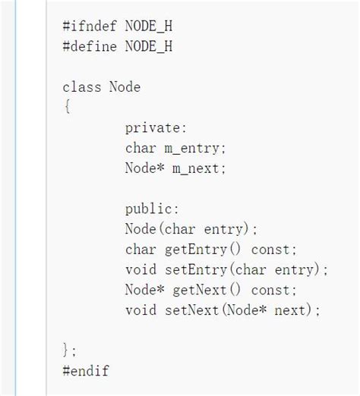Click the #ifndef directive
pyautogui.click(x=90, y=27)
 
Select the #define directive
pyautogui.click(x=90, y=46)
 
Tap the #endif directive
pyautogui.click(x=86, y=371)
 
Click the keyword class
pyautogui.click(x=82, y=87)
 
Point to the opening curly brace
pyautogui.click(x=68, y=107)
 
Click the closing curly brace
pyautogui.click(x=65, y=350)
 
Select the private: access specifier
pyautogui.click(x=156, y=128)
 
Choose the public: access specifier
pyautogui.click(x=152, y=209)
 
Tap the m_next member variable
pyautogui.click(x=196, y=168)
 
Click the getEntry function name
pyautogui.click(x=196, y=250)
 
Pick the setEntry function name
pyautogui.click(x=196, y=270)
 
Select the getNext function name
pyautogui.click(x=200, y=291)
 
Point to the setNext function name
pyautogui.click(x=191, y=310)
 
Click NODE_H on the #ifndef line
pyautogui.click(x=149, y=27)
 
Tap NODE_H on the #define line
pyautogui.click(x=149, y=46)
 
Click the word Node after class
pyautogui.click(x=125, y=87)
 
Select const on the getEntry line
pyautogui.click(x=270, y=250)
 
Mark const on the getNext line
pyautogui.click(x=270, y=291)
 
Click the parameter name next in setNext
pyautogui.click(x=290, y=311)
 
